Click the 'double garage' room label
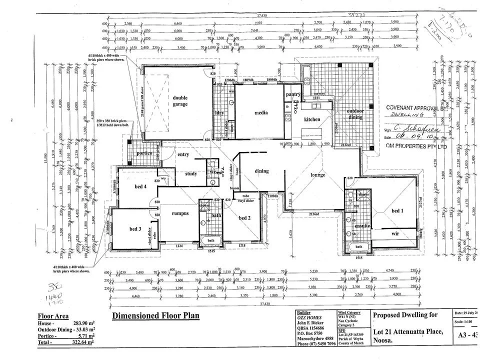tap(180, 101)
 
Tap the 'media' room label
tap(261, 112)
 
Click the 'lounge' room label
tap(317, 175)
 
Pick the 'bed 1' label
tap(397, 211)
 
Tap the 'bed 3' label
tap(135, 229)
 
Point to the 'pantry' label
tap(292, 94)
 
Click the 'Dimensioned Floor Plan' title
tap(155, 315)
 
